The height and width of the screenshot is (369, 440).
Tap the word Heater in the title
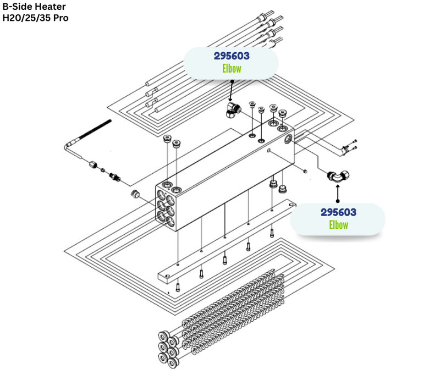point(52,7)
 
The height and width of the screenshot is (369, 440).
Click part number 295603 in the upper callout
point(232,56)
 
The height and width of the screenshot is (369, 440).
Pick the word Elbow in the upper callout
point(232,68)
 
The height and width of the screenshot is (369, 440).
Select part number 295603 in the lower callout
point(338,212)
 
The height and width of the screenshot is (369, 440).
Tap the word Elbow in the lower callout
point(338,224)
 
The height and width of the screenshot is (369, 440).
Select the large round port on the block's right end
point(288,140)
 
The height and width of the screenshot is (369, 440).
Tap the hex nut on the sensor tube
point(94,163)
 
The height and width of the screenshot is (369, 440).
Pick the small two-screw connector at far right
point(348,147)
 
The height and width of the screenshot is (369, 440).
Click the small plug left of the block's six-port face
point(134,193)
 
